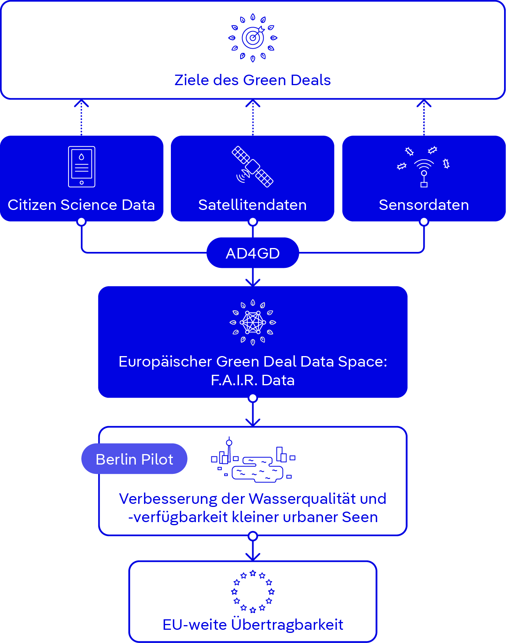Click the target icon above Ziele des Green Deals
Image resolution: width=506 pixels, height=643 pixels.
click(x=253, y=38)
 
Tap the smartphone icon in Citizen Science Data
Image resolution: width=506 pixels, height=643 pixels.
click(x=81, y=167)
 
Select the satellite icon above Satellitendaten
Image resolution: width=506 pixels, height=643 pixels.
click(x=253, y=167)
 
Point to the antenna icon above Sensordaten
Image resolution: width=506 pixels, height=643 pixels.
click(x=424, y=168)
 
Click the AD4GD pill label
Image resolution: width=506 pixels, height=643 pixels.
click(x=253, y=253)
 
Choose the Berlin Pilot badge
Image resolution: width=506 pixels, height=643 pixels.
click(x=134, y=459)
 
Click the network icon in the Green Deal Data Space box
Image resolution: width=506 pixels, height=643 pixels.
click(x=253, y=322)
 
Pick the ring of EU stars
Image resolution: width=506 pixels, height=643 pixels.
click(x=253, y=591)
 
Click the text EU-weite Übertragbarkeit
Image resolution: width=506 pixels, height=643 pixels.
click(x=253, y=625)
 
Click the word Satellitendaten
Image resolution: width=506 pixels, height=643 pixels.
click(x=253, y=205)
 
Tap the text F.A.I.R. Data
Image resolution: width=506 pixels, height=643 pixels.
click(x=253, y=380)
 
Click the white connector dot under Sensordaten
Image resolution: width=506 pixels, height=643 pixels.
click(x=424, y=222)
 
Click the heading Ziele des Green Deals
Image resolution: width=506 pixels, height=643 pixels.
click(x=253, y=80)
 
